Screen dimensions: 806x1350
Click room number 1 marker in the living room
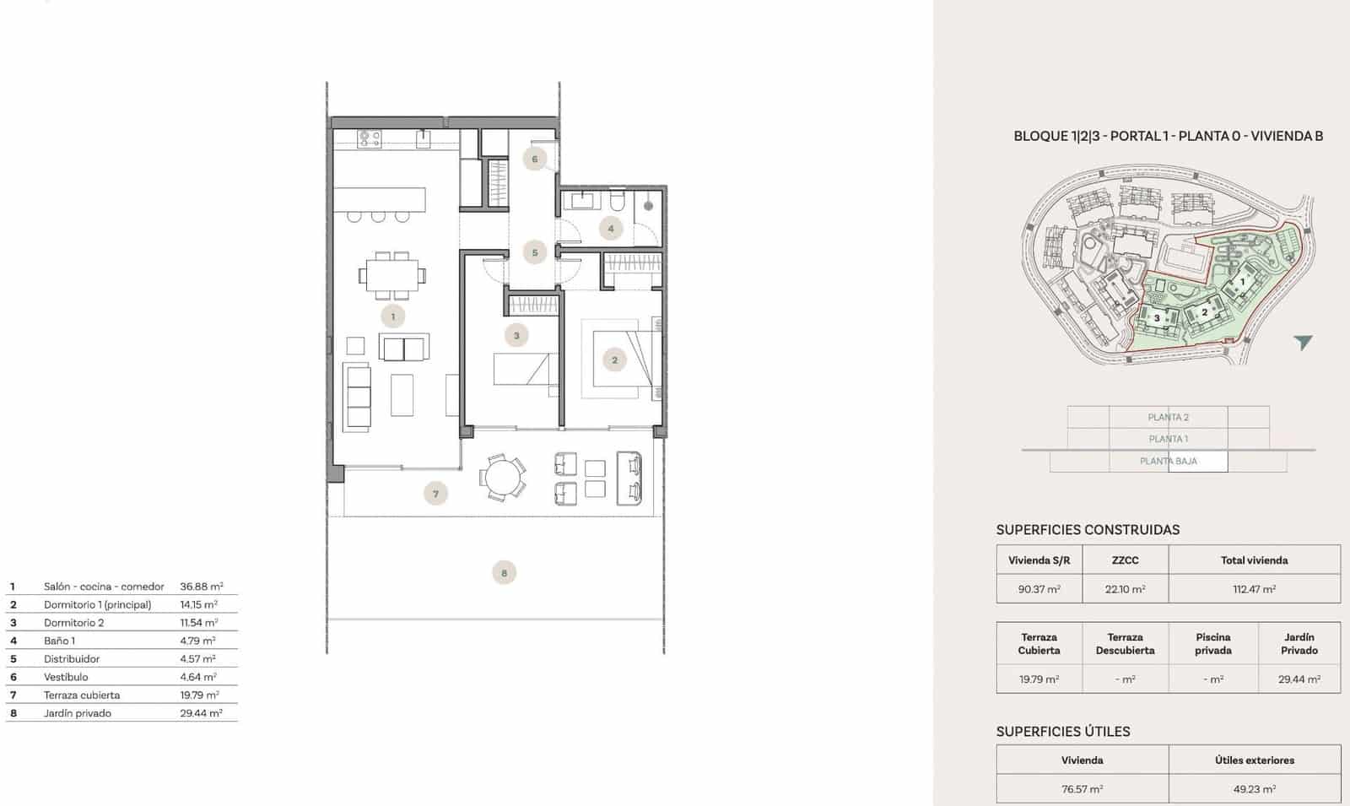392,316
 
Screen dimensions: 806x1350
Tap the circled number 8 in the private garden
504,573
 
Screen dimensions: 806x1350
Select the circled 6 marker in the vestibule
534,159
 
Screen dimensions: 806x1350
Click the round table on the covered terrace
503,478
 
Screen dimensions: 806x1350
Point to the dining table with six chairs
391,275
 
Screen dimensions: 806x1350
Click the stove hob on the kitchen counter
370,138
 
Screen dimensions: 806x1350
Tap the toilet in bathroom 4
617,202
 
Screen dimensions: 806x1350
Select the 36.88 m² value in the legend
201,587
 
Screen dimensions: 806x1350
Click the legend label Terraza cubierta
82,695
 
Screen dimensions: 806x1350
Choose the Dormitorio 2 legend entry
74,623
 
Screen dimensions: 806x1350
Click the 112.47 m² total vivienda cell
1254,589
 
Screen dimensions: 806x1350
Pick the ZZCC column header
1125,560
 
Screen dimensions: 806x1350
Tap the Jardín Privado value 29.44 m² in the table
1299,679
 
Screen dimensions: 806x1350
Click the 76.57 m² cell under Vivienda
1082,789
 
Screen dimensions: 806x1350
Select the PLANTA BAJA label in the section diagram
1168,461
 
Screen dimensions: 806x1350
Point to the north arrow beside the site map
1303,342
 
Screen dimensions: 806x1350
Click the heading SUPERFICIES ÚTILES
1062,732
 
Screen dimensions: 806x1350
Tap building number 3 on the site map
1157,318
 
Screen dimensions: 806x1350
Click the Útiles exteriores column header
1254,760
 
